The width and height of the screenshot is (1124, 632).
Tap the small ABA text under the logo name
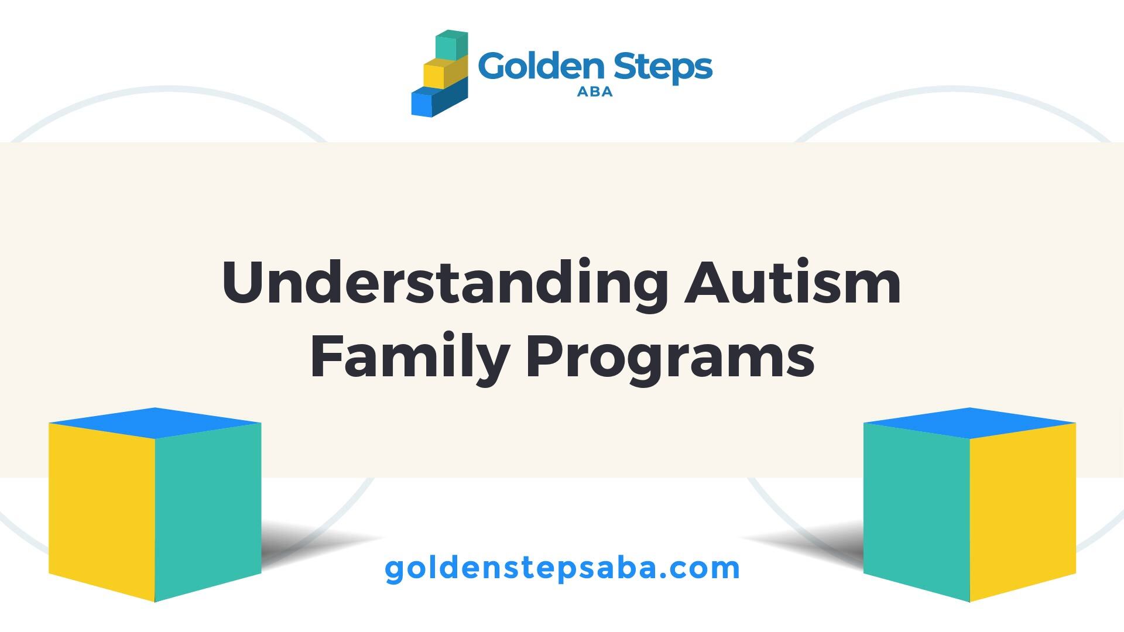tap(595, 92)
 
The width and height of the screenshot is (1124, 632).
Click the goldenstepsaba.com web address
tap(563, 568)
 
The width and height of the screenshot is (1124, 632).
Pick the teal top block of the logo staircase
tap(452, 46)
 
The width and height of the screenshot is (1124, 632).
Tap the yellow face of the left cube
tap(102, 511)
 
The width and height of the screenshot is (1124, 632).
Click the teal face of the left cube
tap(208, 511)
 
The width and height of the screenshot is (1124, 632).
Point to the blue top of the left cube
tap(155, 423)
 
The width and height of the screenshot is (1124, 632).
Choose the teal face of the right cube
tap(917, 511)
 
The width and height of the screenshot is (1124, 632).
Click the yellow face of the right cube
tap(1023, 511)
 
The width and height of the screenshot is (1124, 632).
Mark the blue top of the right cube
tap(970, 423)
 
